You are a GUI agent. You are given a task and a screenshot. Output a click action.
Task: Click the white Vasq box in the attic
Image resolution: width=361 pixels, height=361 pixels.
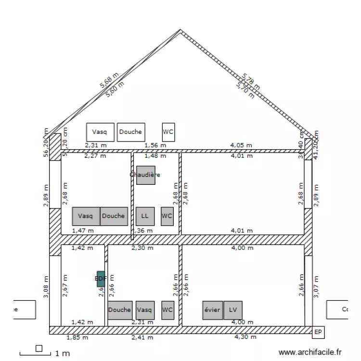(x=100, y=132)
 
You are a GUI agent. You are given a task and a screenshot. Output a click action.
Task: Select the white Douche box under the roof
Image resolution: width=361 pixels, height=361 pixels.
(x=130, y=132)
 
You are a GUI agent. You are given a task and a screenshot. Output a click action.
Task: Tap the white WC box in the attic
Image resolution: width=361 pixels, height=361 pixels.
(x=168, y=132)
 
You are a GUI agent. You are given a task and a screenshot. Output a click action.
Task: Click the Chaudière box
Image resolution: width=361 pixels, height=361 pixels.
(x=145, y=175)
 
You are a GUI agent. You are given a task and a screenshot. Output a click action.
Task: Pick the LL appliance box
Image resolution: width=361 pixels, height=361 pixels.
(x=145, y=216)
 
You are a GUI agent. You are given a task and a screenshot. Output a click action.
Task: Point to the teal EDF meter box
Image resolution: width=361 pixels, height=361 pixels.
(x=101, y=278)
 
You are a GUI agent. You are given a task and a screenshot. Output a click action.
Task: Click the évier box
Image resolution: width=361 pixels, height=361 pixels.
(x=212, y=310)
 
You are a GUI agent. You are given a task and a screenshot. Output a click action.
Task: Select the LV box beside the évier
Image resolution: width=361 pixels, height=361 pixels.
(x=233, y=310)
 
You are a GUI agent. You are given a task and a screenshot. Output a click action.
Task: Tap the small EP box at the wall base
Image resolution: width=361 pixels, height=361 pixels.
(x=318, y=332)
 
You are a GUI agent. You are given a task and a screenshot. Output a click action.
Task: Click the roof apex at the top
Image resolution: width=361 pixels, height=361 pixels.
(x=180, y=31)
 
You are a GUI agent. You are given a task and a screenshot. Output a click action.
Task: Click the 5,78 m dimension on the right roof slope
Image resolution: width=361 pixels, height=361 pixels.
(x=251, y=81)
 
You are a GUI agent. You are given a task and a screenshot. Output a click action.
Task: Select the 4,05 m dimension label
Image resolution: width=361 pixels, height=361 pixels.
(x=242, y=144)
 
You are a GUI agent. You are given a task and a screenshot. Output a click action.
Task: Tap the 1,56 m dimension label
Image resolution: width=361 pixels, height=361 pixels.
(x=155, y=144)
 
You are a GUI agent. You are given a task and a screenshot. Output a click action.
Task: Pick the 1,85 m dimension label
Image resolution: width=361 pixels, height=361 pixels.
(x=77, y=337)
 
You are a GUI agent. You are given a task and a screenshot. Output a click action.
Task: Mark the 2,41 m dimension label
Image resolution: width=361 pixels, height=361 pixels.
(x=142, y=337)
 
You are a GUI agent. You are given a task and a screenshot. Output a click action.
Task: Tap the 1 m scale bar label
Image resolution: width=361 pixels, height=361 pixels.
(x=63, y=354)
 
